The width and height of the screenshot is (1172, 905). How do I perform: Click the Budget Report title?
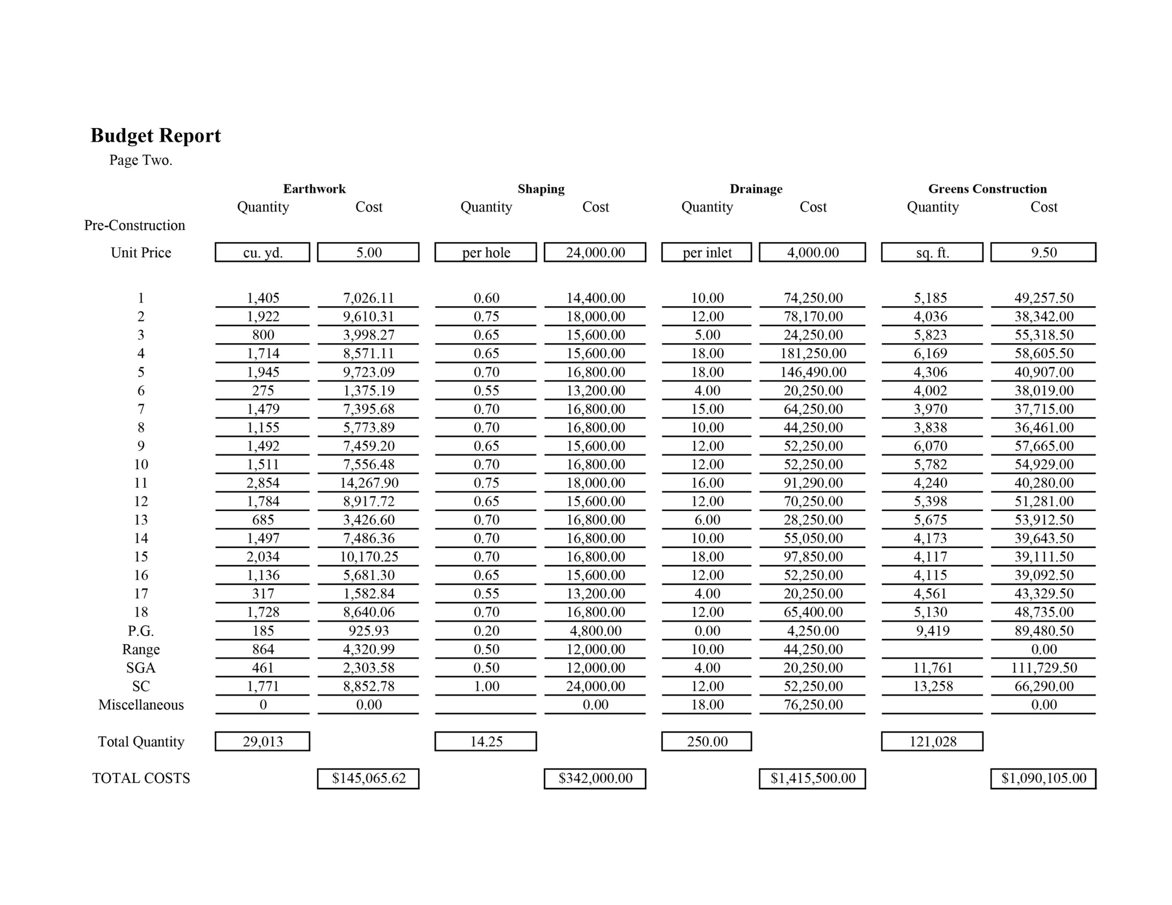[x=156, y=136]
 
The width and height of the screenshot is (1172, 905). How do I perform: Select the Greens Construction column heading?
[x=987, y=189]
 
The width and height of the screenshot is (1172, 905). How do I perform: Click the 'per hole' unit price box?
[x=486, y=252]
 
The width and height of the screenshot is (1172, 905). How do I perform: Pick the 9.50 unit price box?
[x=1043, y=252]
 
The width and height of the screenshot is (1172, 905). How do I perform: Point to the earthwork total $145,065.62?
[x=368, y=778]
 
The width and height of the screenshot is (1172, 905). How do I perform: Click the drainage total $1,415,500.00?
[x=813, y=778]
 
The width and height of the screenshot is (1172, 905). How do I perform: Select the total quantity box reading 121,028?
[x=932, y=741]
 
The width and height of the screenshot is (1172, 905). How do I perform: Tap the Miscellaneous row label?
[x=141, y=704]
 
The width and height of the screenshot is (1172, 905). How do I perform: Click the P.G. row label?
[x=141, y=630]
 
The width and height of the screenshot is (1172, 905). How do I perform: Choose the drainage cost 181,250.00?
[x=813, y=353]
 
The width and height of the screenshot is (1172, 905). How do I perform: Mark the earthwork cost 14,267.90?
[x=369, y=483]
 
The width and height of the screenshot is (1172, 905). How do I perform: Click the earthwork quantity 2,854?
[x=263, y=483]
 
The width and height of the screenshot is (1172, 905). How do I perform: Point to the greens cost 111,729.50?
[x=1043, y=668]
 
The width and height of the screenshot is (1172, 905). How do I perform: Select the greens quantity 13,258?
[x=933, y=686]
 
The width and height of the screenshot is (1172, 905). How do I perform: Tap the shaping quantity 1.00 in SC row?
[x=486, y=686]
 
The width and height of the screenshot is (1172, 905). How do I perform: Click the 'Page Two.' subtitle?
[x=141, y=161]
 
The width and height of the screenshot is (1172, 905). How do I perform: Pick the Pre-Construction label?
[x=134, y=225]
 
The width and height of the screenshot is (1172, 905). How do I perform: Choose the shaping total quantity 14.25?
[x=486, y=741]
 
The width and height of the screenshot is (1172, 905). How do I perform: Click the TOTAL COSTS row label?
[x=141, y=778]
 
